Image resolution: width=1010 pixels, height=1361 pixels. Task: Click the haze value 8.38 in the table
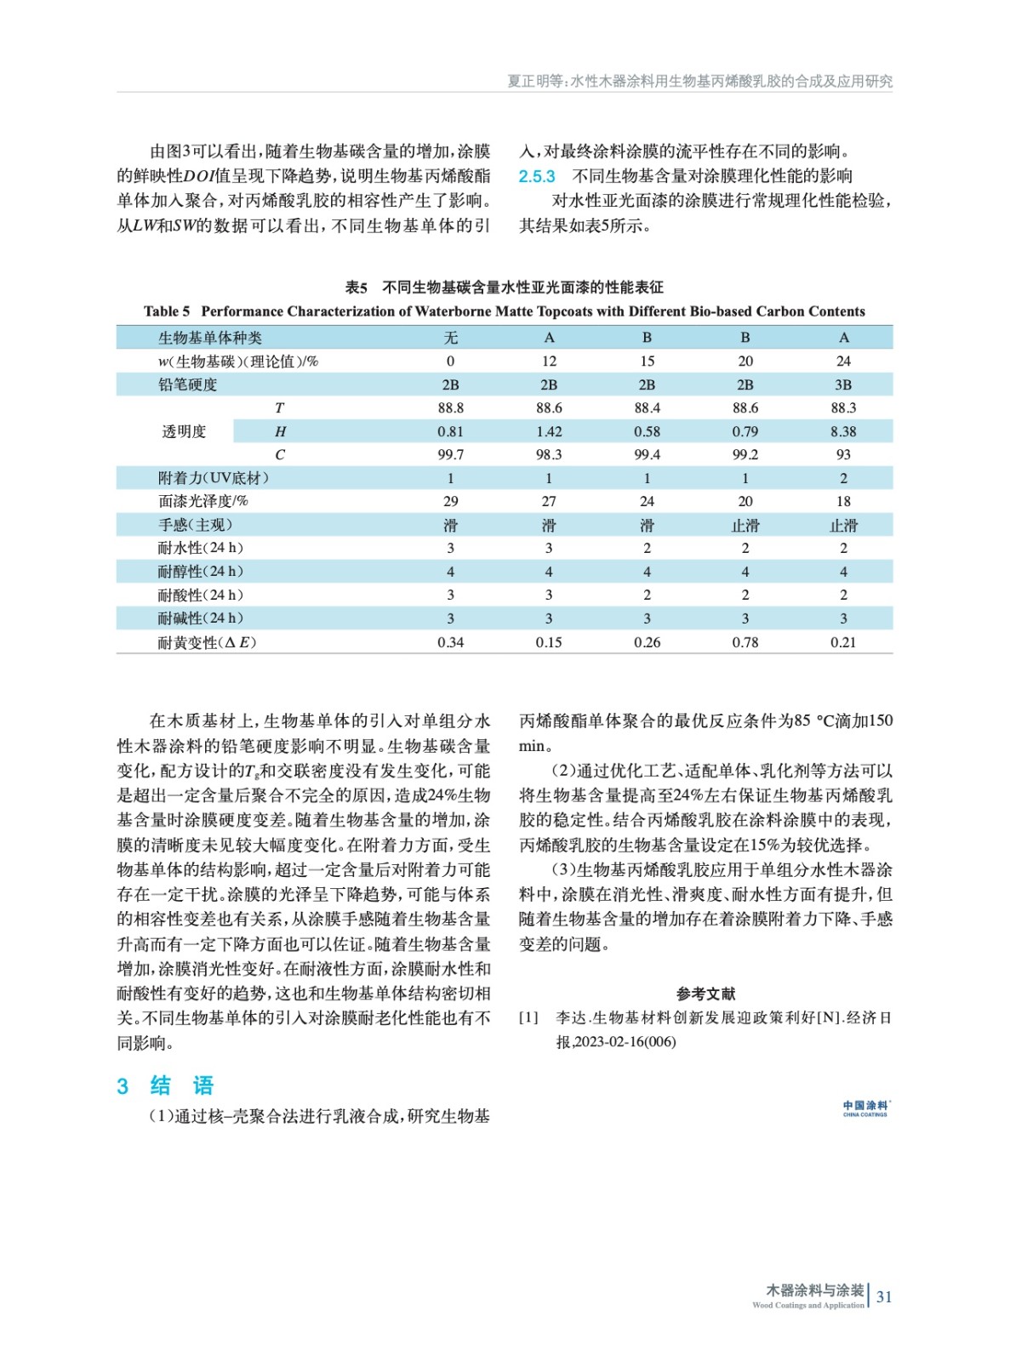click(842, 431)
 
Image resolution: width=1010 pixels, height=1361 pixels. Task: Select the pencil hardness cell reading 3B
click(842, 384)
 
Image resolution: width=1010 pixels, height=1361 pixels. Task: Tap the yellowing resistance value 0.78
click(745, 642)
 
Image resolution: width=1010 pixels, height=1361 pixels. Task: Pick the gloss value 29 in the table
click(450, 501)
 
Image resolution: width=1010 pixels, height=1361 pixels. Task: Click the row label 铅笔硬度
click(188, 384)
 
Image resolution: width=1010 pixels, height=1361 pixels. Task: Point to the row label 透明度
click(184, 431)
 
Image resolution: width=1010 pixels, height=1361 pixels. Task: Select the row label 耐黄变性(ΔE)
click(207, 642)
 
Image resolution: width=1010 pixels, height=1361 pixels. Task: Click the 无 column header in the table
click(450, 338)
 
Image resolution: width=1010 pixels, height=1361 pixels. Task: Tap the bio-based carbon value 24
click(842, 361)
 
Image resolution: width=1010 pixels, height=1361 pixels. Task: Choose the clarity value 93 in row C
click(842, 454)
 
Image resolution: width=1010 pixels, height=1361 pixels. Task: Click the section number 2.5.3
click(537, 176)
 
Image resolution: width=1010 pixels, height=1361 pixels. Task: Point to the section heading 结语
click(180, 1085)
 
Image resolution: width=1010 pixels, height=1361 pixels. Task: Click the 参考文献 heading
click(705, 993)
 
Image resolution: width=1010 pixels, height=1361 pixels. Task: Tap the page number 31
click(884, 1296)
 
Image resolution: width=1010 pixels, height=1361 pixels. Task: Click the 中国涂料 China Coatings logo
click(865, 1108)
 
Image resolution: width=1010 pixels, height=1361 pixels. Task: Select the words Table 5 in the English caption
click(167, 311)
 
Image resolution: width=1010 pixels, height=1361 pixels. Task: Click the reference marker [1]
click(528, 1017)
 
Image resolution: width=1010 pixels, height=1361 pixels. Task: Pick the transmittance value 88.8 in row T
click(450, 407)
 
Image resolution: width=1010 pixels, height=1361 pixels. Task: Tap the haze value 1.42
click(549, 431)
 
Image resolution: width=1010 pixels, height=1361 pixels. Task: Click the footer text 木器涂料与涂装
click(814, 1290)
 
